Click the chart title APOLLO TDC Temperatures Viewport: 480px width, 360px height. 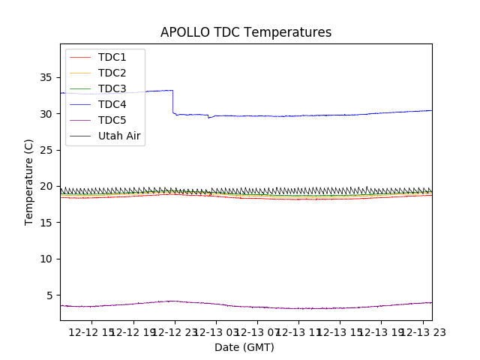(246, 32)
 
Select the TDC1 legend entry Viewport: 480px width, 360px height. (112, 57)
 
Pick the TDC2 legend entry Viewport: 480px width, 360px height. (112, 73)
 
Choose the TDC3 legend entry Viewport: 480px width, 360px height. (112, 88)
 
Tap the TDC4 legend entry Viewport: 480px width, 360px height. (112, 104)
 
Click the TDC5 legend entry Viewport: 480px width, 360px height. (112, 120)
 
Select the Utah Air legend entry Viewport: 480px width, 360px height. (119, 136)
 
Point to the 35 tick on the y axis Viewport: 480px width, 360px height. (46, 77)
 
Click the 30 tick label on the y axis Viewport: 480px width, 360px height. (46, 114)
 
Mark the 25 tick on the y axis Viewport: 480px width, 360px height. (46, 150)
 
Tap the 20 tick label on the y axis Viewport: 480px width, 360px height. (46, 186)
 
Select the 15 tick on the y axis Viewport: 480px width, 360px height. (46, 223)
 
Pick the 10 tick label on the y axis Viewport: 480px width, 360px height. (46, 259)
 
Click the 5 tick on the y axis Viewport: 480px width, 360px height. (49, 295)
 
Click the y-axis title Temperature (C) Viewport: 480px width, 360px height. (28, 181)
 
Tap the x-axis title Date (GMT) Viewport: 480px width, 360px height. (244, 347)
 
